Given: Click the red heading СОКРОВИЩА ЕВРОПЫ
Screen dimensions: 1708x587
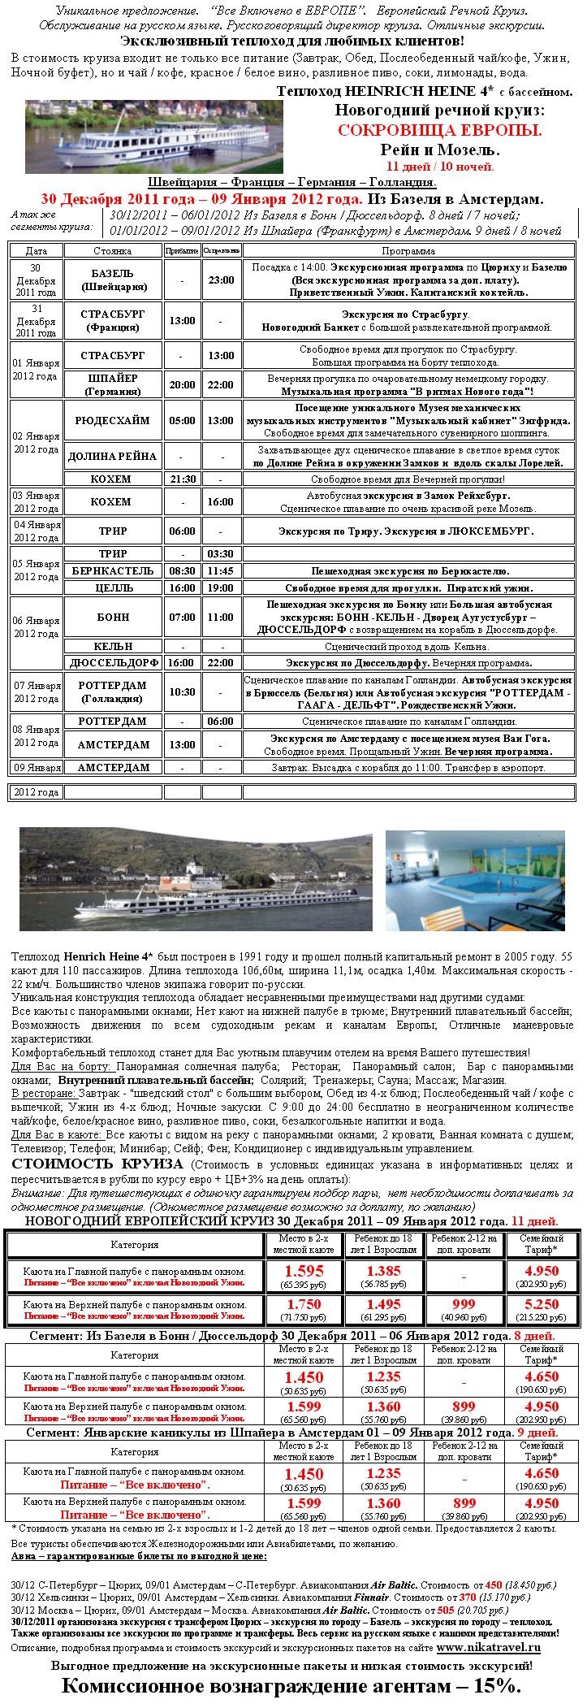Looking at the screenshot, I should [439, 130].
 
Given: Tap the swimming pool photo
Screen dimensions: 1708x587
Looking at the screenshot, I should [475, 880].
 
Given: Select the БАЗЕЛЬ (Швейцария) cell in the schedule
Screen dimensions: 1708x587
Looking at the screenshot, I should [113, 280].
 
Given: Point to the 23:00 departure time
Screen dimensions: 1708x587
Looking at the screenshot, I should [221, 280].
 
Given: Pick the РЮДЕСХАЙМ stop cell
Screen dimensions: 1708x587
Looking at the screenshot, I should [113, 420].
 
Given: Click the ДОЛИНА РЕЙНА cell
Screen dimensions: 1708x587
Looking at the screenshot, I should [113, 456].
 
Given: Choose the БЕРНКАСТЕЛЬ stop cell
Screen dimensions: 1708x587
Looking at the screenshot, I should [113, 570].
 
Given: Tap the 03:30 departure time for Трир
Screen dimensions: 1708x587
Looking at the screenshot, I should [221, 553].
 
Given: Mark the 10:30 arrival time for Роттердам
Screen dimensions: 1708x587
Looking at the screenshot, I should [182, 691].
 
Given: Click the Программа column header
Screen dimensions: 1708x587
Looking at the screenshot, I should [408, 251].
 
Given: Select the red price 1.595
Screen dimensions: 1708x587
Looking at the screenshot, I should [304, 1271].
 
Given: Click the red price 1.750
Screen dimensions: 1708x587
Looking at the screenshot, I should [304, 1304].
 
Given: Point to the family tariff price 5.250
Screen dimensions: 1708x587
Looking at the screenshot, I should [542, 1304].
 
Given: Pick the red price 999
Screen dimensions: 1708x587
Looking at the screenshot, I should [464, 1304].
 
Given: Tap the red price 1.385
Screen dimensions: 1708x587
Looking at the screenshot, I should [383, 1271].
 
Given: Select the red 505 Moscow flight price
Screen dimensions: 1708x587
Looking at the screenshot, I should [446, 1610].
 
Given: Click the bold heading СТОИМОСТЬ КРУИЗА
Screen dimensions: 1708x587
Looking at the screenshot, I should [97, 1164].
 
